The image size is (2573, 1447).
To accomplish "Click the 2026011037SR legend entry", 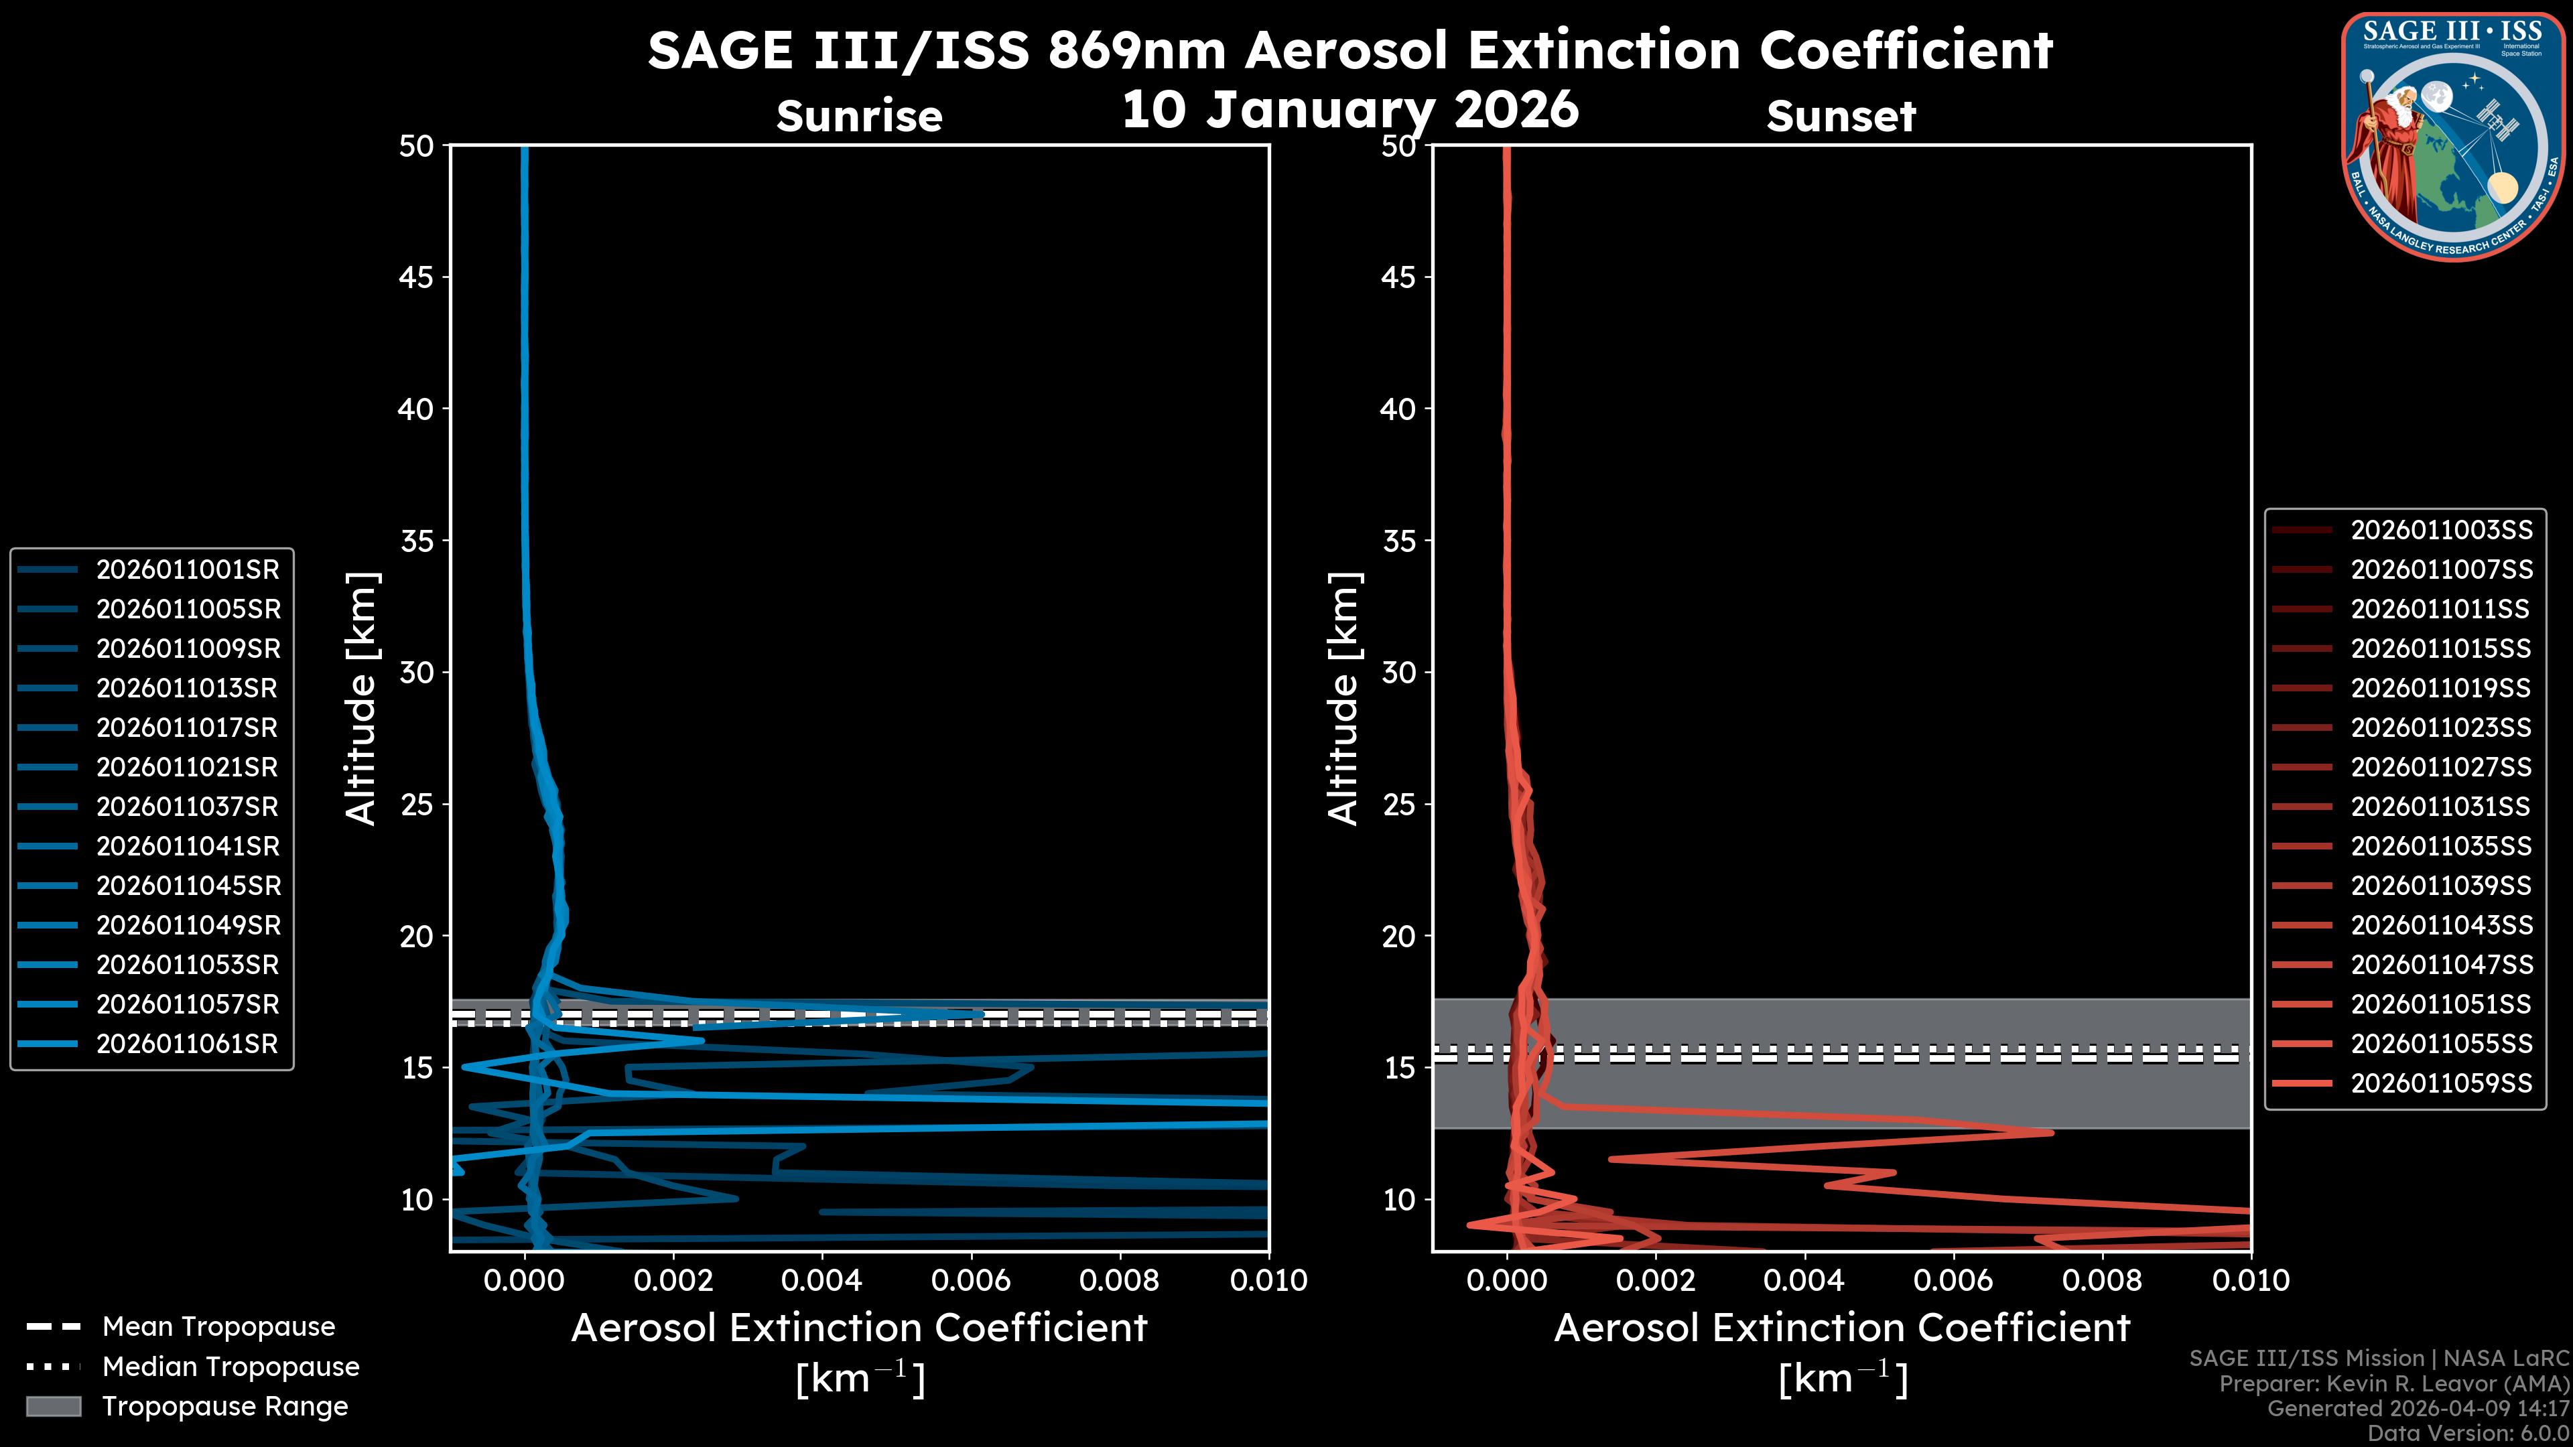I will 188,807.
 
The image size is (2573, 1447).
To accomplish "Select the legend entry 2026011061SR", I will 188,1044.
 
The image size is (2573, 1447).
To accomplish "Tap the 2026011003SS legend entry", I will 2441,529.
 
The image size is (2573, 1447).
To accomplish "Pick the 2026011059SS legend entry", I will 2441,1083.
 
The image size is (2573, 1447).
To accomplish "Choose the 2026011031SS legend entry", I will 2441,807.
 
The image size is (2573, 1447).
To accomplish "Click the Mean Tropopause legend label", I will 218,1326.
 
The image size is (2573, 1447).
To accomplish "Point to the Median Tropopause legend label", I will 230,1366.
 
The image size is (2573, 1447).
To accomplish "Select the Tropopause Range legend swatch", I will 53,1406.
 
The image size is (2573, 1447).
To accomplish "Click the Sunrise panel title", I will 859,117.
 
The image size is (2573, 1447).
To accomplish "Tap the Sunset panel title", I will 1841,117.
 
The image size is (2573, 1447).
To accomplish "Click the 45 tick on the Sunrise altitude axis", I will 417,277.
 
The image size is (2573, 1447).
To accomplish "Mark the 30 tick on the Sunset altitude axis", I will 1398,672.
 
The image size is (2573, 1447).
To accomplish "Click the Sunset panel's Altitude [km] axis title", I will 1344,699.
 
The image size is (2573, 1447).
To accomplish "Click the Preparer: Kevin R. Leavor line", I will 2393,1384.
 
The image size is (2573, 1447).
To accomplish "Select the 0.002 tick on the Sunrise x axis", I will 673,1280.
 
